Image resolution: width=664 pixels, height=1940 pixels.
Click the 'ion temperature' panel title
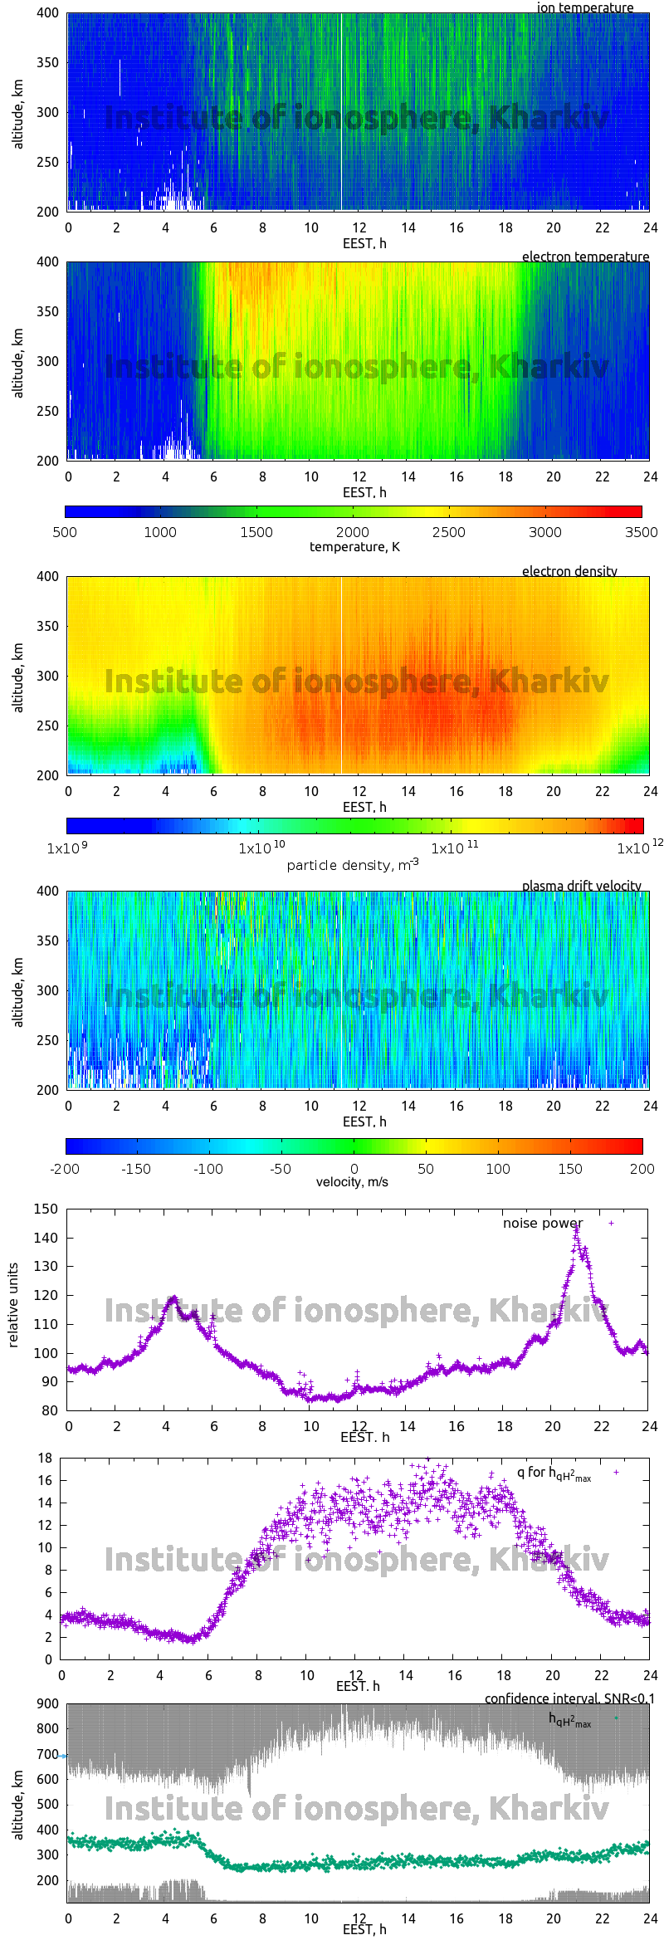pyautogui.click(x=584, y=7)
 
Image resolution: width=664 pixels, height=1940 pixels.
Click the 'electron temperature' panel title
pyautogui.click(x=585, y=257)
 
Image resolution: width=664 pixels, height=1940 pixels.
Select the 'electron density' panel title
pyautogui.click(x=569, y=571)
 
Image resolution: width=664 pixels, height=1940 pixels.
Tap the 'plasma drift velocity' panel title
pyautogui.click(x=581, y=886)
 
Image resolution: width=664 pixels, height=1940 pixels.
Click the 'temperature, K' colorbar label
pyautogui.click(x=354, y=546)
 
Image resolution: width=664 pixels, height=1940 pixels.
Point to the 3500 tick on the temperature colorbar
pyautogui.click(x=641, y=532)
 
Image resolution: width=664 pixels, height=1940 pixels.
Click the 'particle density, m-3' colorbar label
pyautogui.click(x=353, y=865)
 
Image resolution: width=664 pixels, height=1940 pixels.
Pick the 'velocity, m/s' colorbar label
pyautogui.click(x=352, y=1181)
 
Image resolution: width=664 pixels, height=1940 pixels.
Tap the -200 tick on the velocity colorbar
pyautogui.click(x=65, y=1169)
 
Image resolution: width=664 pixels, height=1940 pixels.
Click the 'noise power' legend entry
pyautogui.click(x=543, y=1223)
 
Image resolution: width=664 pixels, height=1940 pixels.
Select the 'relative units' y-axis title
pyautogui.click(x=12, y=1305)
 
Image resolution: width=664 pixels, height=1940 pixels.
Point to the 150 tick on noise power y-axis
pyautogui.click(x=46, y=1209)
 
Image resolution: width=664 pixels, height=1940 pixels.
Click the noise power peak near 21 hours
pyautogui.click(x=576, y=1231)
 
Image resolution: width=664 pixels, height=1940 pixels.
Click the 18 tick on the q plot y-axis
pyautogui.click(x=45, y=1458)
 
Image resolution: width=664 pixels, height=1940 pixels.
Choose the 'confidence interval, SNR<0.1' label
pyautogui.click(x=569, y=1698)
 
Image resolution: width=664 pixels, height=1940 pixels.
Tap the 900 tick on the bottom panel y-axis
pyautogui.click(x=48, y=1703)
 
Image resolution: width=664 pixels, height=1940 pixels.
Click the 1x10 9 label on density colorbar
pyautogui.click(x=67, y=848)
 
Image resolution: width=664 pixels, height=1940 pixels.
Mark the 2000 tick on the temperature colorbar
pyautogui.click(x=353, y=532)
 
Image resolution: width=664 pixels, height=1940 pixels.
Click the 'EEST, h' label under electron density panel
pyautogui.click(x=364, y=807)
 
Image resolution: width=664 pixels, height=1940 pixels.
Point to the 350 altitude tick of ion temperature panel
pyautogui.click(x=47, y=62)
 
